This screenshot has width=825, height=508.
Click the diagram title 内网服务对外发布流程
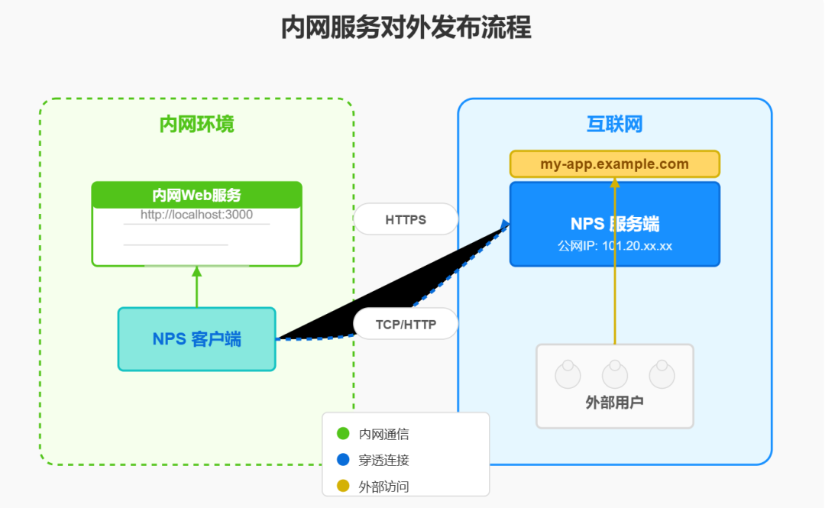coord(406,28)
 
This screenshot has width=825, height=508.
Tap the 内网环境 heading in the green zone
coord(196,125)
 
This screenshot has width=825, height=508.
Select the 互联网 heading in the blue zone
coord(614,125)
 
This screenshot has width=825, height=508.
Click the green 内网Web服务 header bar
coord(196,196)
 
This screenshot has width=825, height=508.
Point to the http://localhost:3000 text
coord(196,215)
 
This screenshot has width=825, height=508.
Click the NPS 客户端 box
coord(196,339)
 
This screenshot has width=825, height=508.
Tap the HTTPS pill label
coord(406,219)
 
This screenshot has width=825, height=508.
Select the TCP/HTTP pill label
coord(406,324)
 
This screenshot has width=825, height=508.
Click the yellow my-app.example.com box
coord(614,164)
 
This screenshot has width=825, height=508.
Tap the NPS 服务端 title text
coord(614,224)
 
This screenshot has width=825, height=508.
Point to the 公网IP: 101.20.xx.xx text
coord(614,246)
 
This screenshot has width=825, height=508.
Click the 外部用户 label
coord(614,403)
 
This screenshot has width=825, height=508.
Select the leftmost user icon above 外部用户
coord(568,374)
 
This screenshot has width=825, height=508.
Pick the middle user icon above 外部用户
coord(615,374)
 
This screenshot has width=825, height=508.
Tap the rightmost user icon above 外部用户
coord(662,374)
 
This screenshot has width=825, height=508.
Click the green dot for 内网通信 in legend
coord(343,434)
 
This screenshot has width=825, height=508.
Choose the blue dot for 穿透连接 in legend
coord(343,460)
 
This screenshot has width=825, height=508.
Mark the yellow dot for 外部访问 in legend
coord(343,486)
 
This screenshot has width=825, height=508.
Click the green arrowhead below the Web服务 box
coord(196,270)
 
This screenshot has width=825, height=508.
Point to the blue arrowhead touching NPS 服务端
coord(505,224)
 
